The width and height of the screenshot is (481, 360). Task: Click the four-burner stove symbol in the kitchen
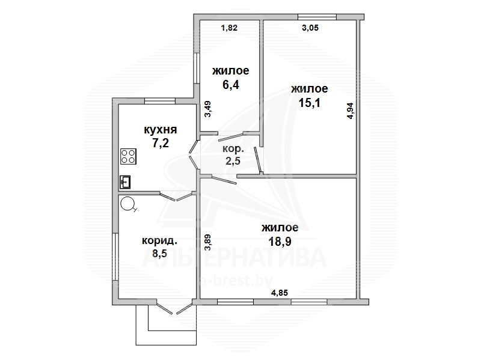tap(128, 156)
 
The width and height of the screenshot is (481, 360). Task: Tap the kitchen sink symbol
tap(125, 182)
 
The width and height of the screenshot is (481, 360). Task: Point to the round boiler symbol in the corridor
tap(127, 204)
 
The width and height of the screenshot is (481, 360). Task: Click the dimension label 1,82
tap(229, 28)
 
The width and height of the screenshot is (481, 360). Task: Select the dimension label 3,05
tap(310, 28)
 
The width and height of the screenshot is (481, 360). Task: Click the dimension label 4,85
tap(280, 293)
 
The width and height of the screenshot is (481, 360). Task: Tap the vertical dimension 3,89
tap(207, 243)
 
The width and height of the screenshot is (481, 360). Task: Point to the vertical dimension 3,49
tap(207, 109)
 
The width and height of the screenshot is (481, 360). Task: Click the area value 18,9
tap(280, 242)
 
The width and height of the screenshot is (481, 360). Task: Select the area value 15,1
tap(309, 103)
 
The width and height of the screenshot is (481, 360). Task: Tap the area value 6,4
tap(231, 85)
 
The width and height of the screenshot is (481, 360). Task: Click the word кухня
tap(161, 130)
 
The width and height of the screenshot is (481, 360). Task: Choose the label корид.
tap(159, 241)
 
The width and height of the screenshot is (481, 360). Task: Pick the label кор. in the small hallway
tap(233, 149)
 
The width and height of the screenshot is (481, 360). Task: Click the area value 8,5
tap(159, 254)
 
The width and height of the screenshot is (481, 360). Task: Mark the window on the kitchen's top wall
tap(160, 100)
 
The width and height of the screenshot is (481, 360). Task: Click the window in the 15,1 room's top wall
tap(317, 17)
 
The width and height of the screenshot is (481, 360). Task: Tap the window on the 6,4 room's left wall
tap(197, 68)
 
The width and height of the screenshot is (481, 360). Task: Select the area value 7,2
tap(161, 143)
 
